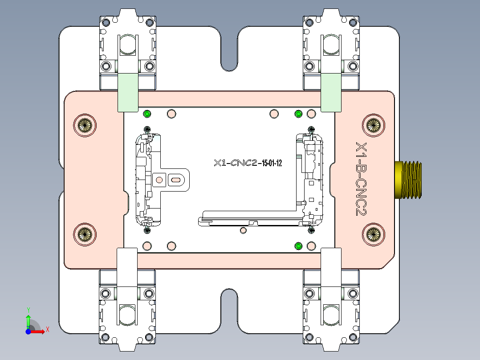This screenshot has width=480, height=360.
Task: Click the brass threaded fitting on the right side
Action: coord(409,179)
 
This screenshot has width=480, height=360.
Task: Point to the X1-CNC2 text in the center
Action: coord(236,163)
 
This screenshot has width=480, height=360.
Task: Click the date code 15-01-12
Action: coord(272,163)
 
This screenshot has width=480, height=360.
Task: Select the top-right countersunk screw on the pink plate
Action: coord(373,125)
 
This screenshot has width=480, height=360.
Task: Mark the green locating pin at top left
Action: coord(147,114)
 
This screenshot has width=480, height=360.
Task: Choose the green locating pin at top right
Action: coord(299,114)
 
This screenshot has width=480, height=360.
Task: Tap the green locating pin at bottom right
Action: coord(299,246)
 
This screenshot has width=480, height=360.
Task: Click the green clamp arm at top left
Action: coord(127,92)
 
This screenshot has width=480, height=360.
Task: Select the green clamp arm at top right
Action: coord(331,92)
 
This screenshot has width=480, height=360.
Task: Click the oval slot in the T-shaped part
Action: coord(176,180)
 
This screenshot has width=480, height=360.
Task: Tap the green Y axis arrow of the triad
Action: coord(28,320)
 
